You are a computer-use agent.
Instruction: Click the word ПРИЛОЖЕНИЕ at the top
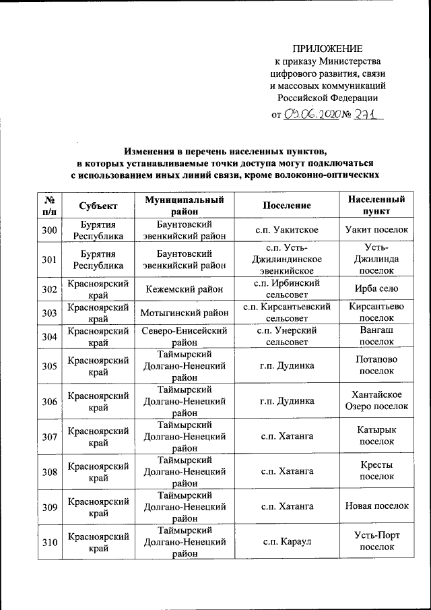click(327, 49)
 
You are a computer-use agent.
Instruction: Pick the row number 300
click(48, 230)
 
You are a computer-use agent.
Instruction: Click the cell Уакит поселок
click(376, 230)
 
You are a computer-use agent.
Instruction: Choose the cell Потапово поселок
click(376, 365)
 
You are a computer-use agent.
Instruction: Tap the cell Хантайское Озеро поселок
click(376, 400)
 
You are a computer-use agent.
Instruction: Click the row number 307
click(48, 436)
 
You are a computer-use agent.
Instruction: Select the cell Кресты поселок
click(376, 470)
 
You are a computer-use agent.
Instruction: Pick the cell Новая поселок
click(376, 506)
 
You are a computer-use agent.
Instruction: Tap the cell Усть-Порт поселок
click(376, 541)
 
